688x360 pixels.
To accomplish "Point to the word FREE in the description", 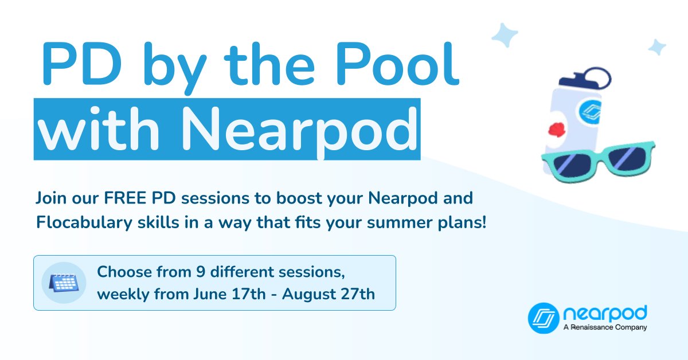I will tap(124, 199).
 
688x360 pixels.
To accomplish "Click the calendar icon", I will tap(64, 283).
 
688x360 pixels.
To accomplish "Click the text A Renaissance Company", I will tap(605, 327).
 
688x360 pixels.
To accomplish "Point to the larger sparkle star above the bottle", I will tap(505, 35).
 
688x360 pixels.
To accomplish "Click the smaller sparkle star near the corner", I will tap(656, 47).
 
